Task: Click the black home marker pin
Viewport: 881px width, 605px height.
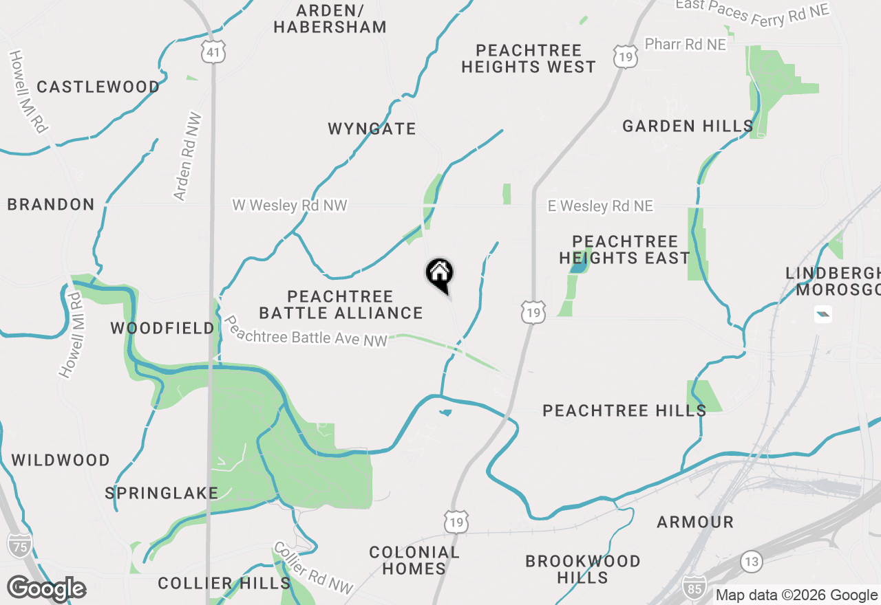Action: click(x=440, y=274)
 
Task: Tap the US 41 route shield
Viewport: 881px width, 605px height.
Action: click(x=214, y=51)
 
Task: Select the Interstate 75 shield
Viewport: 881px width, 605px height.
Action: click(x=19, y=544)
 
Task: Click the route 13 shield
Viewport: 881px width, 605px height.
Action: click(x=752, y=562)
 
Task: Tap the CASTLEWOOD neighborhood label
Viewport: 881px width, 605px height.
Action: click(x=98, y=87)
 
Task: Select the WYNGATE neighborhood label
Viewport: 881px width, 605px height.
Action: click(x=372, y=129)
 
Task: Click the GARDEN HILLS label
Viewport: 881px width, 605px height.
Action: click(x=688, y=126)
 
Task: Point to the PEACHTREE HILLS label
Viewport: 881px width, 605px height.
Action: click(x=624, y=411)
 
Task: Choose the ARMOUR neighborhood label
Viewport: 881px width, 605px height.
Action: click(x=695, y=522)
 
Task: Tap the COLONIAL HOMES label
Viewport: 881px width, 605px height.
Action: click(x=414, y=560)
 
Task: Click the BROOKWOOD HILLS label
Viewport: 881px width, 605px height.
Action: click(x=583, y=569)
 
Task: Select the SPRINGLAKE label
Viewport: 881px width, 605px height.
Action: click(x=162, y=493)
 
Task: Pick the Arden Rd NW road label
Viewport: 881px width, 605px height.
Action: click(x=187, y=156)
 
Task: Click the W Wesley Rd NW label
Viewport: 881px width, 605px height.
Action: click(x=290, y=206)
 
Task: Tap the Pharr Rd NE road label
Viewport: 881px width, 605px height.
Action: click(x=685, y=45)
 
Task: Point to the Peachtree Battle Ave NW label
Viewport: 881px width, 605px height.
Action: click(x=306, y=331)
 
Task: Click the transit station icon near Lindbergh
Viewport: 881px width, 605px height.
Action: click(x=822, y=314)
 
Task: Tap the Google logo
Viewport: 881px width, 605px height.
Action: click(x=47, y=589)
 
